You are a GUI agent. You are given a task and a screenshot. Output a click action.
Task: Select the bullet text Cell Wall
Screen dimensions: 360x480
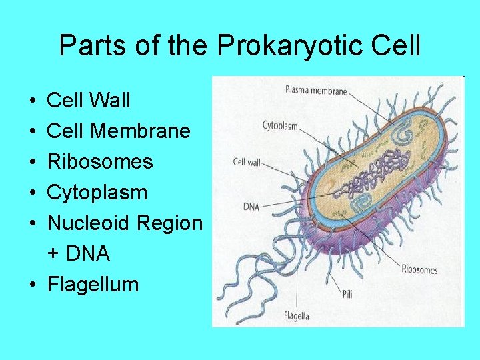tap(89, 101)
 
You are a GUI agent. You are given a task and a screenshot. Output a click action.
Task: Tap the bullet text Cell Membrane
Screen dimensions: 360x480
tap(119, 131)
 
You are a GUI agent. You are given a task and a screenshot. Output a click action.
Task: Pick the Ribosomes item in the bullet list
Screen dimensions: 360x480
tap(100, 162)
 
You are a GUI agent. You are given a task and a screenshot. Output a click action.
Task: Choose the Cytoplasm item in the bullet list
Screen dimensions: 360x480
tap(97, 193)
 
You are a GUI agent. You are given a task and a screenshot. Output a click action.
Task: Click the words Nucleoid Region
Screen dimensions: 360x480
tap(125, 223)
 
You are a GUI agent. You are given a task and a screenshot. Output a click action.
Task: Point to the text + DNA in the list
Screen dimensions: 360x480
tap(78, 253)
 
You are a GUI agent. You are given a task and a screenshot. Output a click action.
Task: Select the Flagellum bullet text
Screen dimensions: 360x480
tap(93, 285)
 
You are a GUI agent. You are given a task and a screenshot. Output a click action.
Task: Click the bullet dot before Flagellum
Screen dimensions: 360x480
tap(33, 285)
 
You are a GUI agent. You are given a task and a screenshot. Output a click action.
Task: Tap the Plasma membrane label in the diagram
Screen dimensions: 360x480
tap(316, 91)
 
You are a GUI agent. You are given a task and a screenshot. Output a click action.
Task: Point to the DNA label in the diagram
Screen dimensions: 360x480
tap(251, 207)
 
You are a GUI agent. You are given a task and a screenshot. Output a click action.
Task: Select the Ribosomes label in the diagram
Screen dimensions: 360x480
tap(419, 269)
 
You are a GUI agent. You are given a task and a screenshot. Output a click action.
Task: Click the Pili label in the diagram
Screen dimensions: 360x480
tap(347, 293)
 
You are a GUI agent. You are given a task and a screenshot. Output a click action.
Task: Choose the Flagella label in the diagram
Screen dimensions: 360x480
tap(296, 316)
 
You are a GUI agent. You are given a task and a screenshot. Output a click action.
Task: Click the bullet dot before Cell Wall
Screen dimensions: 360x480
tap(33, 101)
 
